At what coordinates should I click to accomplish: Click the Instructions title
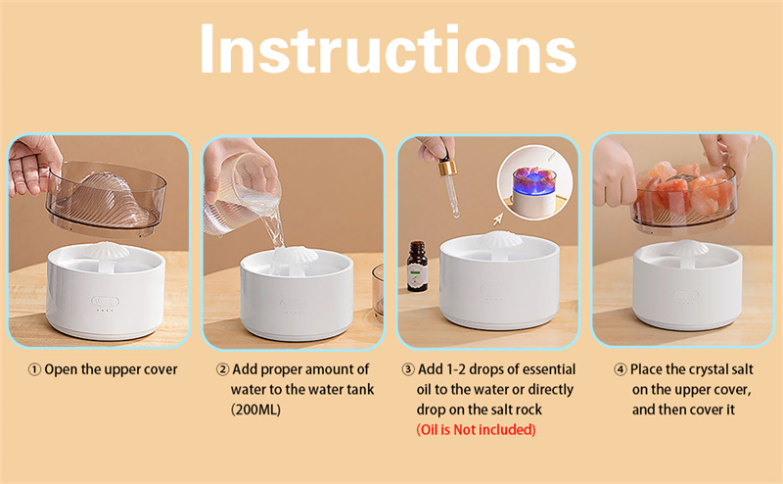(389, 49)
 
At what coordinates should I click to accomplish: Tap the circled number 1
(34, 370)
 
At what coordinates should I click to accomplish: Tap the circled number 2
(223, 370)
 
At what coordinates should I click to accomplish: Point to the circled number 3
(408, 369)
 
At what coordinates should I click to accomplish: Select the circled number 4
(621, 370)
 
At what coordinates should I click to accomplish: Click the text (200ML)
(255, 410)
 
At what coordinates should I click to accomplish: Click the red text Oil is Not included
(476, 430)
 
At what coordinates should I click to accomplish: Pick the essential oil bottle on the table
(417, 266)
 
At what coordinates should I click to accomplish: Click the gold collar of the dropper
(447, 168)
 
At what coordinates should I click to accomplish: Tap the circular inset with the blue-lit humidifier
(534, 182)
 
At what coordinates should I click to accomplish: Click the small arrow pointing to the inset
(498, 219)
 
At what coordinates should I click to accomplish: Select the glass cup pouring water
(242, 196)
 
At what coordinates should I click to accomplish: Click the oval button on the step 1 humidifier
(106, 302)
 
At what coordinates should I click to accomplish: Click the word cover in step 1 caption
(161, 370)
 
